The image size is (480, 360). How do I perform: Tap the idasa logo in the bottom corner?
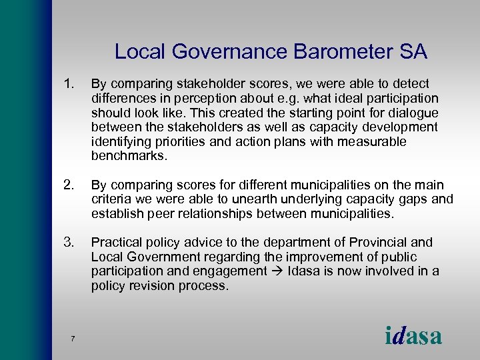point(413,336)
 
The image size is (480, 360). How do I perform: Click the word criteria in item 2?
point(111,199)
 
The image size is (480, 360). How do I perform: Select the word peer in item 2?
point(156,214)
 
